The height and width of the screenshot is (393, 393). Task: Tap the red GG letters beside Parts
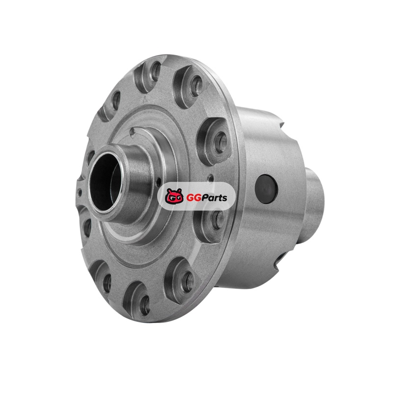(192, 198)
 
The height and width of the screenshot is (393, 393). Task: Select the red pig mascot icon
(174, 196)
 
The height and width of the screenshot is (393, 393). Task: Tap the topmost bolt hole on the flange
(156, 71)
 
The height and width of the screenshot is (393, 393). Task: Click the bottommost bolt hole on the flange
(145, 306)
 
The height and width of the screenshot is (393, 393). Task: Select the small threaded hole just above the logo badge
(211, 178)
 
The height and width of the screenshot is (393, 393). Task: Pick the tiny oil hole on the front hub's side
(158, 182)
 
